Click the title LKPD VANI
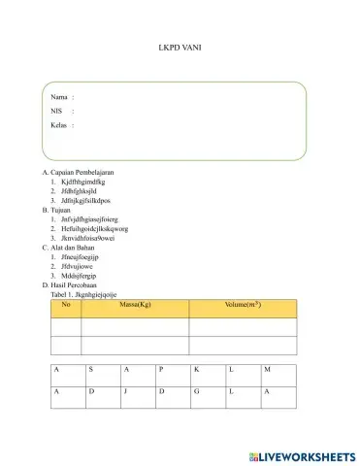coord(180,46)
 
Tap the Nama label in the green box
coord(59,97)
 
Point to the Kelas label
coord(60,125)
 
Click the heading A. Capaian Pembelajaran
coord(85,171)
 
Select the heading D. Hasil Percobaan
coord(82,284)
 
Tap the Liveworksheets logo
coord(302,454)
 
